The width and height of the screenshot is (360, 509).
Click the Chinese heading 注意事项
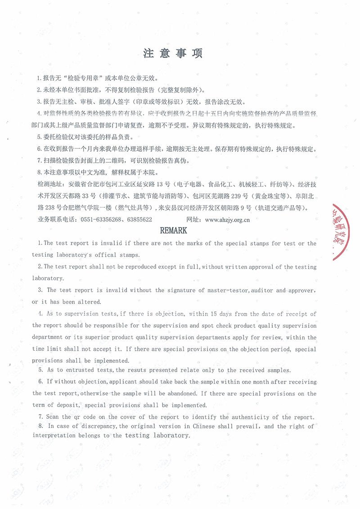coord(173,54)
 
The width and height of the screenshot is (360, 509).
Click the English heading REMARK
coord(174,231)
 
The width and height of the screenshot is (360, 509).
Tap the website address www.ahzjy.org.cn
coord(227,220)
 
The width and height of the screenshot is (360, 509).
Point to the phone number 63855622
coord(139,220)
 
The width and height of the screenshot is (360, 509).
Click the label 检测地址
coord(51,184)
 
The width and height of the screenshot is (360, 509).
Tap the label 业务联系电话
coord(56,220)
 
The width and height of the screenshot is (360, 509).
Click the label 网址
coord(193,220)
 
